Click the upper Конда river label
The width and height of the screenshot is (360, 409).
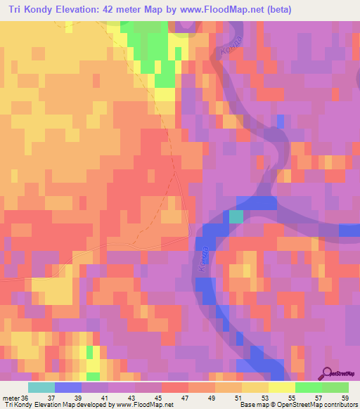228,51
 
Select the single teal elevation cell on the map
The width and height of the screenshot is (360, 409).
236,216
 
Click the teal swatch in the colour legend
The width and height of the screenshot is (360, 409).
41,387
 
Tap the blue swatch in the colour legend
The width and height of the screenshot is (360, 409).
68,387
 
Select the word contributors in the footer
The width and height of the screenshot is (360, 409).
340,404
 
